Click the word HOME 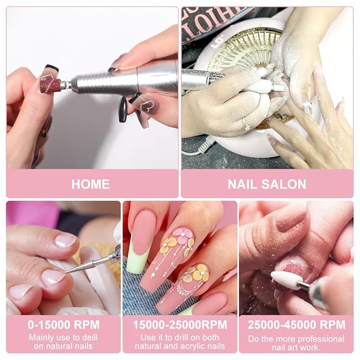[x=90, y=185]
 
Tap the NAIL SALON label [x=267, y=185]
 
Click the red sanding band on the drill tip [x=50, y=84]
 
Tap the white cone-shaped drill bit [x=287, y=279]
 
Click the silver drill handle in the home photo [x=122, y=81]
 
